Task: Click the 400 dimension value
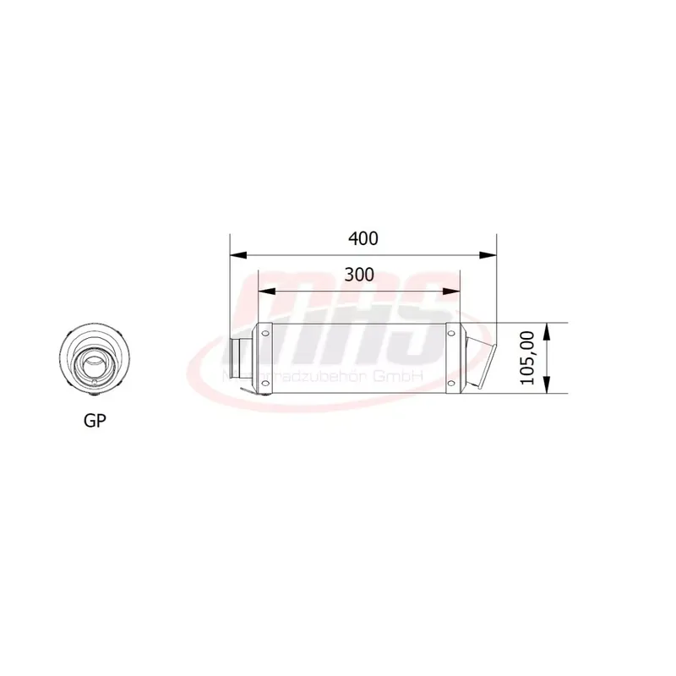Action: coord(363,238)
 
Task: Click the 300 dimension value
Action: coord(358,275)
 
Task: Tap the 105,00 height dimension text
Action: coord(528,358)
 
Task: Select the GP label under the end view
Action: coord(95,420)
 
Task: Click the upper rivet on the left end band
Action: coord(264,335)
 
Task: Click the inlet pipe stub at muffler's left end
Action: coord(242,358)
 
